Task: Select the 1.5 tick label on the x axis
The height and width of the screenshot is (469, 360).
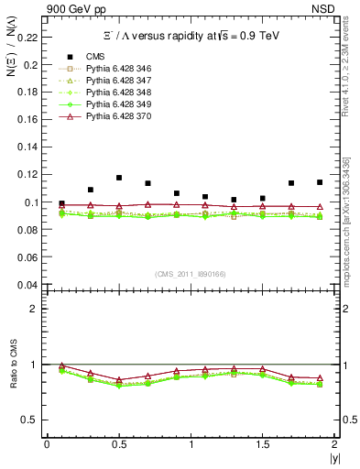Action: pos(262,444)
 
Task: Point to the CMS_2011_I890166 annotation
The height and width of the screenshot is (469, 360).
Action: pos(191,274)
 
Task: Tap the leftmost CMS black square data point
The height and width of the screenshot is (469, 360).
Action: pos(61,203)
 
